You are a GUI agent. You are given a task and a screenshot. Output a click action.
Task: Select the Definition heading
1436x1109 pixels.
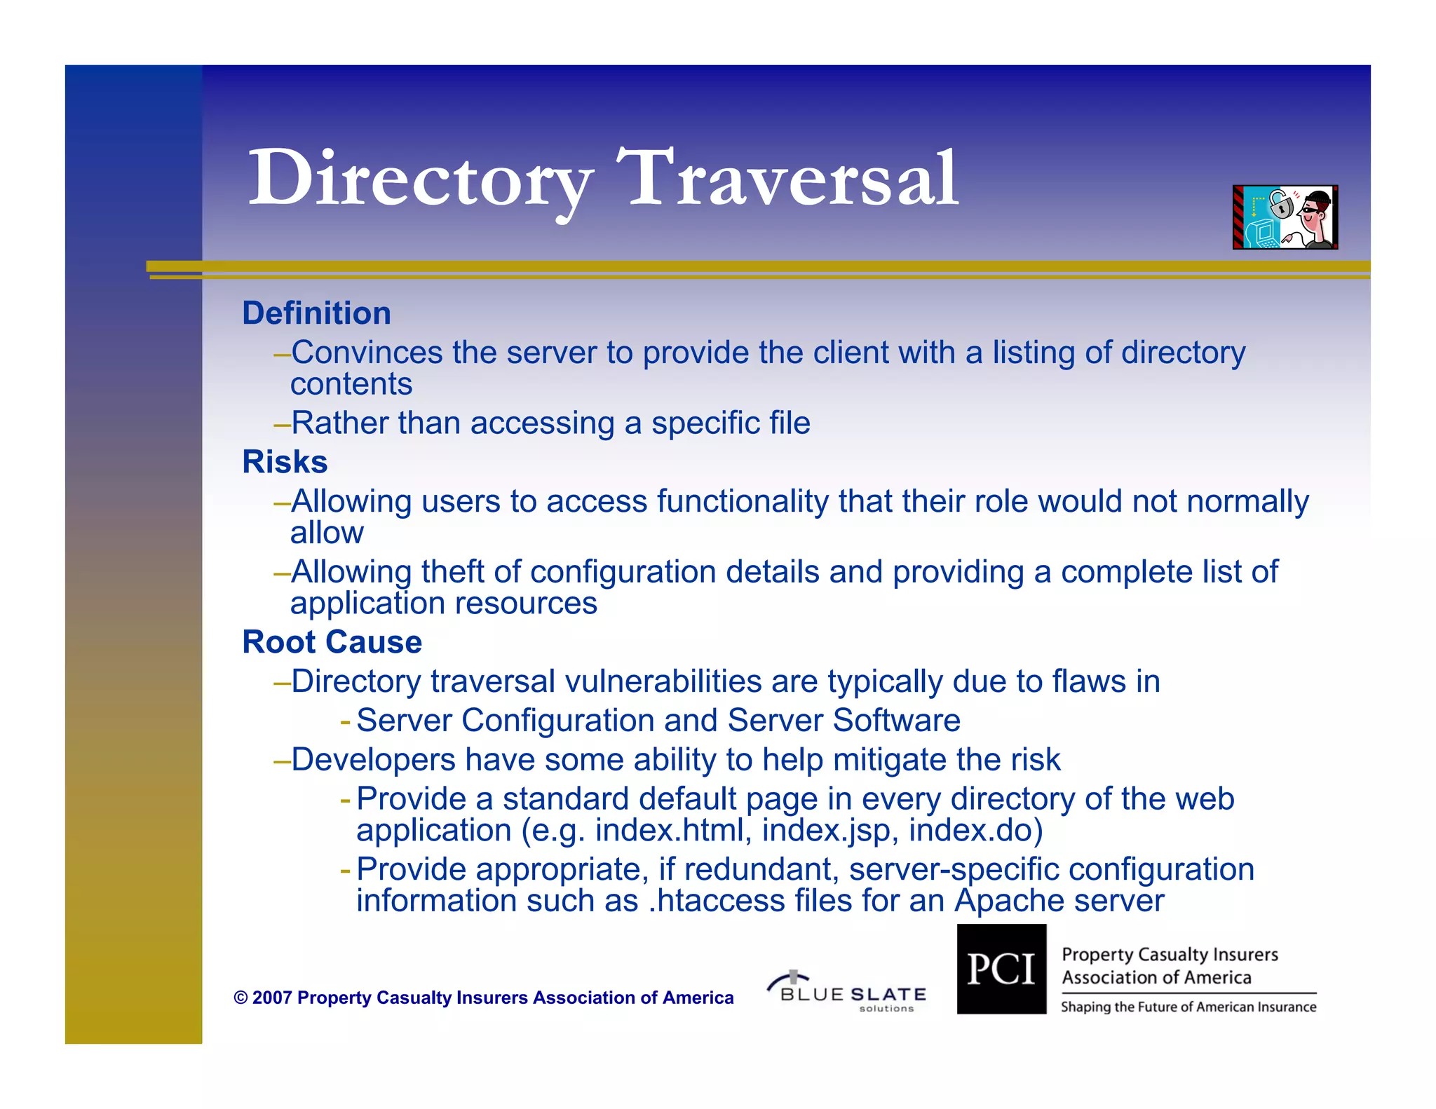316,313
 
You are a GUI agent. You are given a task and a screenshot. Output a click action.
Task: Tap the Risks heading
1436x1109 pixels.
285,462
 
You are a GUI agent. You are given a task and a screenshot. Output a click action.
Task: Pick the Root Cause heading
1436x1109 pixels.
332,642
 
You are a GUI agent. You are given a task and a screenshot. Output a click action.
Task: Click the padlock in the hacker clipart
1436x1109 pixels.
1280,205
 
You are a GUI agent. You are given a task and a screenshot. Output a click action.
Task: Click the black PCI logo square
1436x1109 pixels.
1001,969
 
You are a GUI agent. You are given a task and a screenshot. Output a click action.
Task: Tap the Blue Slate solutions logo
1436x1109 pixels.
848,991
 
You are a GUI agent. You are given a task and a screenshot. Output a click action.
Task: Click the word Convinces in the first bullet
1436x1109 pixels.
367,353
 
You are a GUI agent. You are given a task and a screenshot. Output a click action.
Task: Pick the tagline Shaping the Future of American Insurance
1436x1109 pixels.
1188,1007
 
